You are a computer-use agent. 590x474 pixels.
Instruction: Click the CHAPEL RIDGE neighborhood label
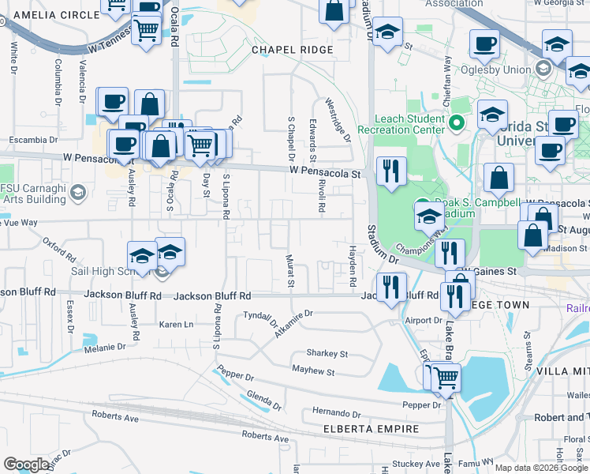click(x=292, y=50)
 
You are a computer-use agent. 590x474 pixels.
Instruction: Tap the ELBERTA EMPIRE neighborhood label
click(x=371, y=429)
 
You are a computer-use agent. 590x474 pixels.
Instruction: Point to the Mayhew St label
click(x=313, y=371)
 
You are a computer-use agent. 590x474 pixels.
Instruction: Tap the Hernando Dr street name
click(x=335, y=412)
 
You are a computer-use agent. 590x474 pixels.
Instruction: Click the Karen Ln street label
click(x=176, y=325)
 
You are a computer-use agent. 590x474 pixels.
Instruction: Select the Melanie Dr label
click(x=105, y=347)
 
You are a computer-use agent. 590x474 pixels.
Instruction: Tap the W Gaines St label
click(x=489, y=271)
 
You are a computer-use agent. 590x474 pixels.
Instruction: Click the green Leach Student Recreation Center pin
click(x=456, y=123)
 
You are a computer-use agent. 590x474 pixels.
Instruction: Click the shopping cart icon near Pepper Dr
click(x=446, y=378)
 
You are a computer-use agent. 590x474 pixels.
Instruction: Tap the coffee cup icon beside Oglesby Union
click(x=484, y=44)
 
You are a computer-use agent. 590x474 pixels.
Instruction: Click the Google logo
click(x=27, y=465)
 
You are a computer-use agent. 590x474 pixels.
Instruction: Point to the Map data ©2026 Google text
click(x=541, y=468)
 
